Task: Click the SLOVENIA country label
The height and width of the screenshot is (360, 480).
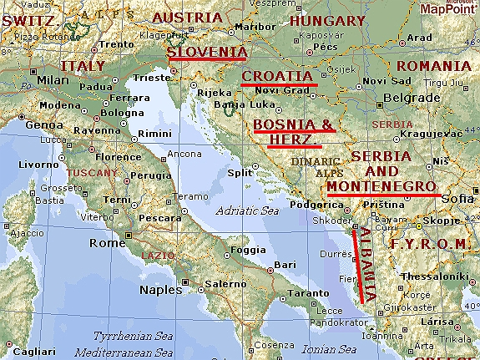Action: (x=206, y=52)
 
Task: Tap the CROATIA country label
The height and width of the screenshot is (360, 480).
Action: (x=279, y=76)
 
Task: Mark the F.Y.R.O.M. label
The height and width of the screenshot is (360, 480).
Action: (x=431, y=244)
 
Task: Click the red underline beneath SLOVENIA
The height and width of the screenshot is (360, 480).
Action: (x=206, y=60)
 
